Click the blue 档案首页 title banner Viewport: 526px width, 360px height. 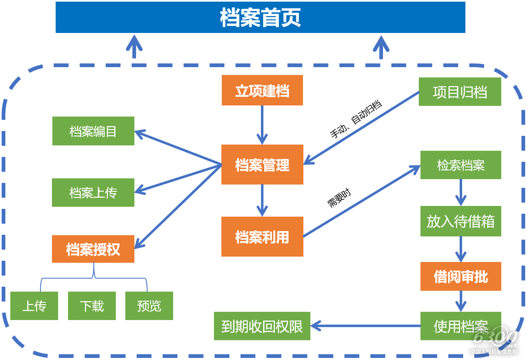(x=260, y=17)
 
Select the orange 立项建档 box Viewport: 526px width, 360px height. (x=262, y=90)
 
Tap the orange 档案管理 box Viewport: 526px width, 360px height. (x=262, y=164)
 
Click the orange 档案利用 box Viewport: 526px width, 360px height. (x=262, y=236)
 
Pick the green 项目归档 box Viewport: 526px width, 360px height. (x=460, y=91)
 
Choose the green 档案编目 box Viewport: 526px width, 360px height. (x=93, y=131)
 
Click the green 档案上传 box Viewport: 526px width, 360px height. (x=93, y=192)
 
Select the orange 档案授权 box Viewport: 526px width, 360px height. (x=93, y=249)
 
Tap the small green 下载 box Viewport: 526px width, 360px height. (x=92, y=306)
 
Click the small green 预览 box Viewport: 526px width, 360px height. (x=149, y=306)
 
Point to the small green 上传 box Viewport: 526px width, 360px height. (x=34, y=306)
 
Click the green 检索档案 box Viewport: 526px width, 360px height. (x=460, y=165)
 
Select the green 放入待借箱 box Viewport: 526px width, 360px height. (x=460, y=221)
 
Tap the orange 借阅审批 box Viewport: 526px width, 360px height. (x=460, y=276)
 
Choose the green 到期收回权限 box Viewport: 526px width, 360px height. (x=262, y=326)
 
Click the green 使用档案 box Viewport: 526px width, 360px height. (x=460, y=326)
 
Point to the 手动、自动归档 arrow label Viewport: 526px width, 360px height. (x=355, y=118)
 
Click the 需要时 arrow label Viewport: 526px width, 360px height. (x=339, y=197)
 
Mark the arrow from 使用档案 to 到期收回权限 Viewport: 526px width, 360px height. (x=365, y=326)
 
